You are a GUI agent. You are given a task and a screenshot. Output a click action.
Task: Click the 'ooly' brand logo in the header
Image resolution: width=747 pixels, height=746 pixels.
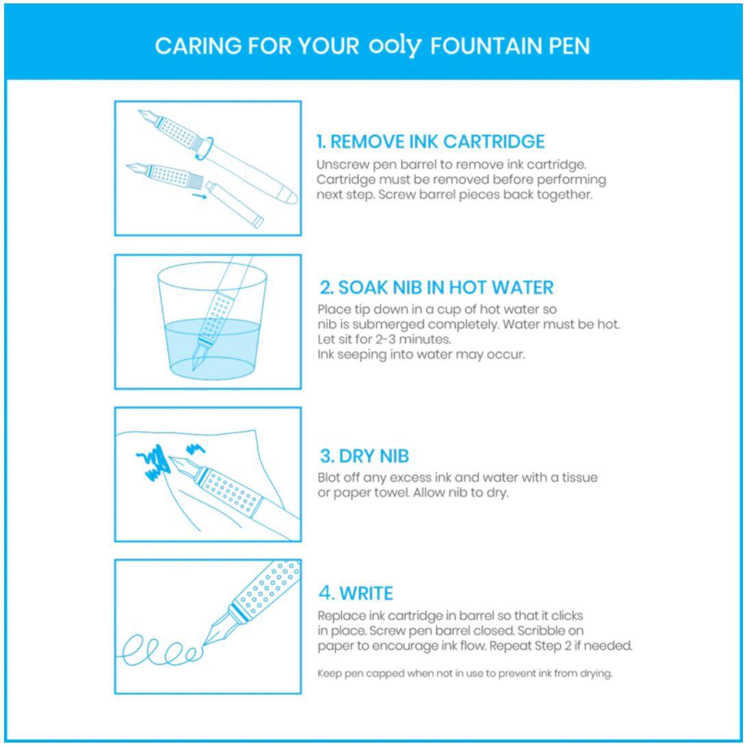(x=395, y=46)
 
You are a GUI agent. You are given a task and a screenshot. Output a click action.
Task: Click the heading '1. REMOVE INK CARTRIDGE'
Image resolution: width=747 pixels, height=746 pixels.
(x=430, y=142)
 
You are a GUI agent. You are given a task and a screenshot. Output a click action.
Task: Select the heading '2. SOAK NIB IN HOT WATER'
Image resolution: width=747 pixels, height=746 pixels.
(x=436, y=287)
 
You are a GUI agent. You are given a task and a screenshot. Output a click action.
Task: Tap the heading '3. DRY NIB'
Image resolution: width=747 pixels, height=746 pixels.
(x=365, y=456)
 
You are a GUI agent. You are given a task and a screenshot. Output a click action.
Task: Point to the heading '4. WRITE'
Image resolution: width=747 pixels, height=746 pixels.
(x=356, y=593)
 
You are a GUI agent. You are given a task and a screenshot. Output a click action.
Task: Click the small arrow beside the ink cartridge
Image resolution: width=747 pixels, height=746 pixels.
(x=199, y=196)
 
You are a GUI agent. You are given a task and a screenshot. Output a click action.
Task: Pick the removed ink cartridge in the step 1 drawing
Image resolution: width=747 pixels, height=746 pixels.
(x=235, y=204)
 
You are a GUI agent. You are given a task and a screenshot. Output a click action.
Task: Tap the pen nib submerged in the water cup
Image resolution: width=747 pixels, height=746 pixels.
(x=199, y=354)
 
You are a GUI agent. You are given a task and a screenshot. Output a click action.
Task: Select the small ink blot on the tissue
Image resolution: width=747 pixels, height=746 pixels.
(x=196, y=448)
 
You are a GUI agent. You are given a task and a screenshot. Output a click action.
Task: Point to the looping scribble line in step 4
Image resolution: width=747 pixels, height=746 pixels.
(x=161, y=649)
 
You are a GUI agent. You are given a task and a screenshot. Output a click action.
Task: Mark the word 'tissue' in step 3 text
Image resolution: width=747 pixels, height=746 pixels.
(x=580, y=477)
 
